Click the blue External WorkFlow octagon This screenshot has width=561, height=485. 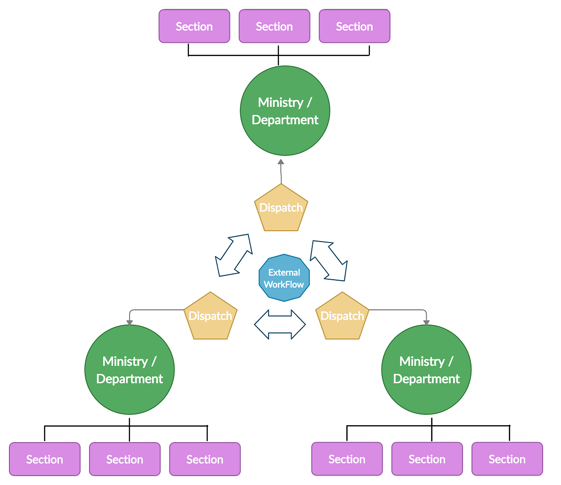(284, 278)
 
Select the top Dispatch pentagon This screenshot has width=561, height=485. (281, 209)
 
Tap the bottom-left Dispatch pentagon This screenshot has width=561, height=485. (211, 316)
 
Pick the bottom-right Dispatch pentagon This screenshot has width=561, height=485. (342, 316)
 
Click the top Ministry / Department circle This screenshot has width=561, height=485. (285, 111)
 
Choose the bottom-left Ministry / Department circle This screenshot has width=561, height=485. (130, 370)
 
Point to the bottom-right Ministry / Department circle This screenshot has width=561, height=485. (426, 370)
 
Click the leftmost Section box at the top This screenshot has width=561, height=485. (194, 26)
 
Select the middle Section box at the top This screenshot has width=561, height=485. (274, 26)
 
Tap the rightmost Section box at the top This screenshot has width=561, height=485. (354, 26)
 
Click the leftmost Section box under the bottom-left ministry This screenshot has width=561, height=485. (45, 459)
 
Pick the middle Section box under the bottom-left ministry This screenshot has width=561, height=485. (125, 459)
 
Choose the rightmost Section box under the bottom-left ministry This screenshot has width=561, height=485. (205, 459)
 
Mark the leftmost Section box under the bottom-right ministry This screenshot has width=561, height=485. (347, 459)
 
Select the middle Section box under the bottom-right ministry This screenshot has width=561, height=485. (427, 459)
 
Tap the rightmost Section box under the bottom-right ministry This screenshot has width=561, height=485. (507, 459)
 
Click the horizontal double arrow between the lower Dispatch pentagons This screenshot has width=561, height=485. (280, 324)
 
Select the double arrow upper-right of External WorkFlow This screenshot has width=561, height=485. (329, 261)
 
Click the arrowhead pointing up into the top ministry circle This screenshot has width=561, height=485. (281, 162)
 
